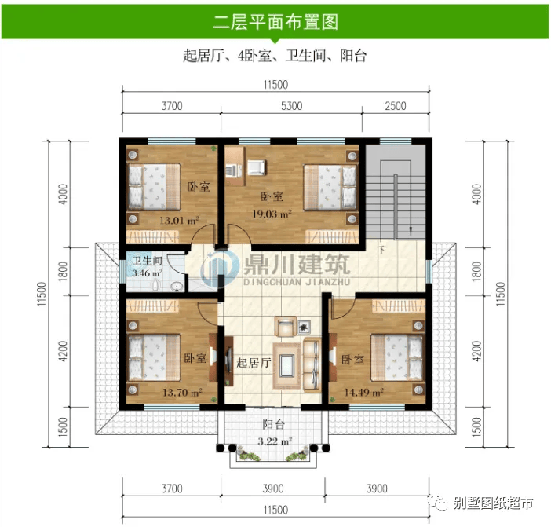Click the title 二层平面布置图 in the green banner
(275, 22)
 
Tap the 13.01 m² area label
(180, 221)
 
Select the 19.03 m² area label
(272, 214)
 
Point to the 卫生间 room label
(148, 261)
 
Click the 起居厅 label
(254, 363)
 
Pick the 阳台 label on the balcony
(273, 424)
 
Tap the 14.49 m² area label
(363, 392)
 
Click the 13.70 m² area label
(182, 392)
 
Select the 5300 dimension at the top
(292, 106)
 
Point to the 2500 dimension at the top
(396, 106)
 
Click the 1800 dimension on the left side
(63, 271)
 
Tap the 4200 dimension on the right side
(476, 351)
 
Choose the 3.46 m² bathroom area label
(148, 273)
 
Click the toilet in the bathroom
(155, 285)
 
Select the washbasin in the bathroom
(177, 287)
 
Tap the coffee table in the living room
(287, 366)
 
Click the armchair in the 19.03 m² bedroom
(257, 167)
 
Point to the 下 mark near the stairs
(381, 251)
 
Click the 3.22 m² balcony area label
(275, 441)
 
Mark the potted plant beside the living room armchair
(304, 328)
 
